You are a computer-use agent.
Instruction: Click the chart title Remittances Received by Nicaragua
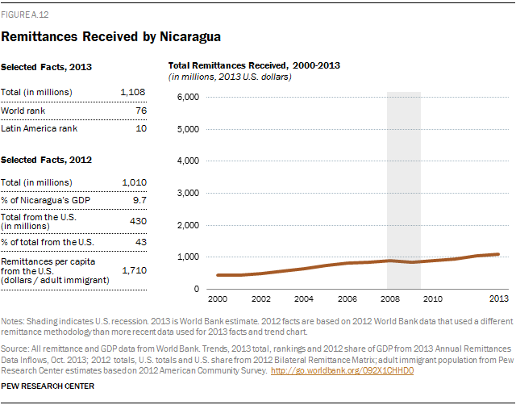point(111,36)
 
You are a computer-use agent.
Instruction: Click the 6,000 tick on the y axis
point(187,97)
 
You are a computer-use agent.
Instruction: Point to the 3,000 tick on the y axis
point(187,193)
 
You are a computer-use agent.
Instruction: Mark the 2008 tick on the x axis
point(388,299)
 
